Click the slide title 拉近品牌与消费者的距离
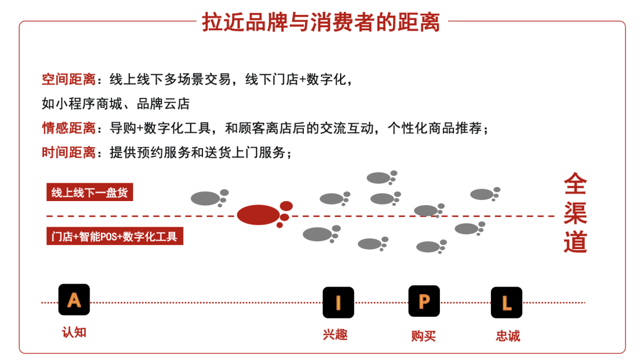point(321,23)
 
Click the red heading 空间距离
point(68,79)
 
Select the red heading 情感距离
point(68,128)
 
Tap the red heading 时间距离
point(68,152)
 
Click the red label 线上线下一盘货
point(89,192)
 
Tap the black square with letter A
point(74,300)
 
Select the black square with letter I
point(338,302)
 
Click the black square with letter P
point(424,301)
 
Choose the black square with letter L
point(506,302)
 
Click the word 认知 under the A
point(74,332)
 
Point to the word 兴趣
point(335,334)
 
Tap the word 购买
point(423,336)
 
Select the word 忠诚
point(507,336)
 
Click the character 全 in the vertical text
point(575,184)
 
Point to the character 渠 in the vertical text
point(575,213)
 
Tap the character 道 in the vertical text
point(575,241)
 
